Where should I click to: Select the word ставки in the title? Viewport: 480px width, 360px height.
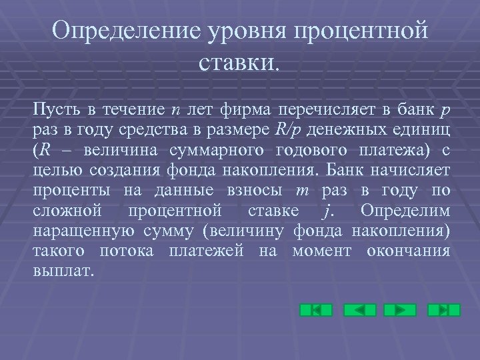pos(237,64)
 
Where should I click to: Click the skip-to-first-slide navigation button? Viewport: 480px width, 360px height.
pos(316,310)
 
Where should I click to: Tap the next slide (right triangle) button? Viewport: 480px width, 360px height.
pos(401,310)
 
